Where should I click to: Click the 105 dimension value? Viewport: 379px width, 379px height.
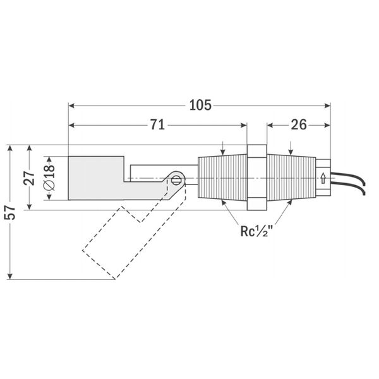click(x=200, y=105)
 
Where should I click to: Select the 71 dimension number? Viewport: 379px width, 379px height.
click(x=157, y=125)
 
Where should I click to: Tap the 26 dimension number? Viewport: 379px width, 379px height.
click(x=299, y=125)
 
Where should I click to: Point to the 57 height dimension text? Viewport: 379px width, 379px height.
click(x=10, y=212)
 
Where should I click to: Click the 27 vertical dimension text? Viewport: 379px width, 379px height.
click(x=29, y=178)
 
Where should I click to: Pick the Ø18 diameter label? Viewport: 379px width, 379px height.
click(x=49, y=177)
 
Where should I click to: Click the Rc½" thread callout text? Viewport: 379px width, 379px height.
click(x=256, y=231)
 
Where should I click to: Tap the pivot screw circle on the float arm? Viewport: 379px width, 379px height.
click(x=176, y=180)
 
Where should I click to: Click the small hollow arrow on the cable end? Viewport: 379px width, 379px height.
click(x=323, y=178)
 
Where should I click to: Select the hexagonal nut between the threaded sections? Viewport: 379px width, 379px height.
click(x=256, y=177)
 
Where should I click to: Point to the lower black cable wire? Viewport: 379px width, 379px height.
click(x=349, y=187)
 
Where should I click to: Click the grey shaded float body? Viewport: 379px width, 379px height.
click(x=97, y=178)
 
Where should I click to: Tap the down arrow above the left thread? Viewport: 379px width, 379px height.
click(x=222, y=148)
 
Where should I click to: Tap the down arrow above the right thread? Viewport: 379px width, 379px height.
click(x=291, y=148)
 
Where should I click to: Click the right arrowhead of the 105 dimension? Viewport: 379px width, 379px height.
click(x=327, y=105)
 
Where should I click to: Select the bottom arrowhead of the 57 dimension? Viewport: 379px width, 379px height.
click(x=10, y=276)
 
